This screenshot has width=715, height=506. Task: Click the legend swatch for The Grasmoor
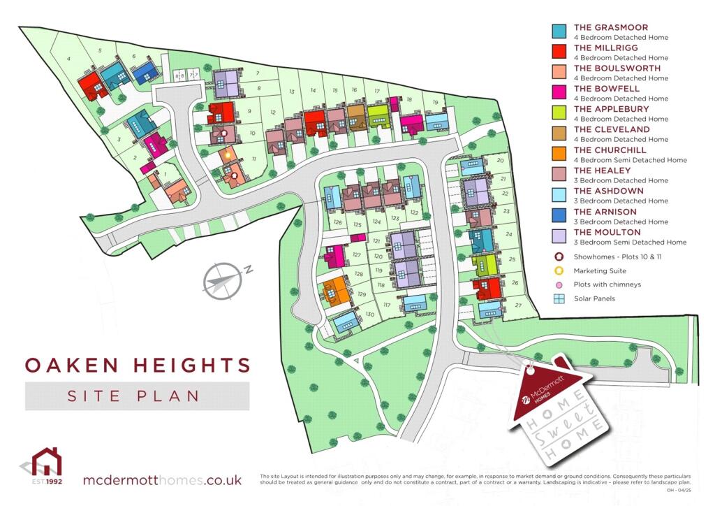(x=559, y=31)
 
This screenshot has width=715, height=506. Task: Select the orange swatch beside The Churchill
(x=559, y=154)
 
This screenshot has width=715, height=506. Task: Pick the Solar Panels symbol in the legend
(x=559, y=299)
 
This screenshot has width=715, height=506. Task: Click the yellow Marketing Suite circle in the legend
(x=559, y=270)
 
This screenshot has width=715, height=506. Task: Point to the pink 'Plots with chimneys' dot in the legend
(x=559, y=285)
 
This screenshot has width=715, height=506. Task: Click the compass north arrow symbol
(x=224, y=280)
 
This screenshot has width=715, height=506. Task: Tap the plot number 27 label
(x=517, y=305)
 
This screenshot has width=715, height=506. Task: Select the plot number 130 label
(x=370, y=315)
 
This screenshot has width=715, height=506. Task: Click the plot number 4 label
(x=69, y=59)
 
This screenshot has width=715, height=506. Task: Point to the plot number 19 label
(x=435, y=103)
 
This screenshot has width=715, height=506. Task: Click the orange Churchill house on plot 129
(x=336, y=289)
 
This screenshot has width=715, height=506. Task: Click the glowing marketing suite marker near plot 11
(x=228, y=154)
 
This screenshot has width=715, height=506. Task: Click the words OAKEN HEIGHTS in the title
(x=138, y=365)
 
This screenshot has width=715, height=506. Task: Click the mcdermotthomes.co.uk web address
(x=162, y=480)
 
